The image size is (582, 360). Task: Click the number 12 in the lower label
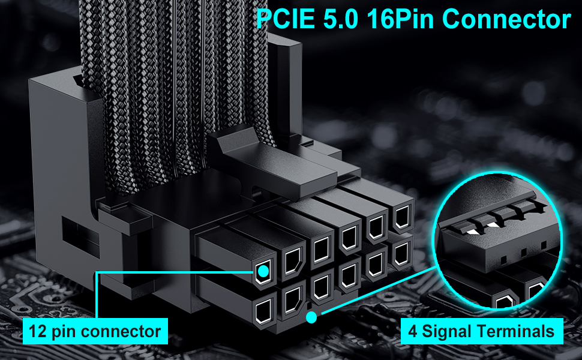click(38, 331)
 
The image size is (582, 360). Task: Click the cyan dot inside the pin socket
click(263, 272)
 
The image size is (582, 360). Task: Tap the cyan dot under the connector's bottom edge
click(311, 317)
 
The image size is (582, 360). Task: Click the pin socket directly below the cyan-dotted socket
click(263, 311)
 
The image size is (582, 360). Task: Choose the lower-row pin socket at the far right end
click(400, 254)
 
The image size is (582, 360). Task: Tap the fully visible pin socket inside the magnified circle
click(503, 302)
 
